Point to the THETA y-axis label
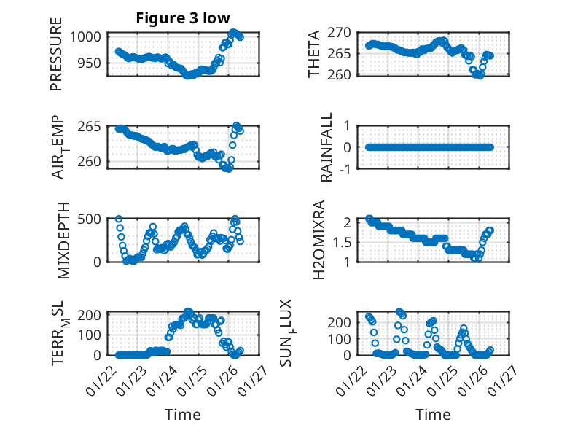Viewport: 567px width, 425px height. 314,55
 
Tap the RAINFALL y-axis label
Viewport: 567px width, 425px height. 326,147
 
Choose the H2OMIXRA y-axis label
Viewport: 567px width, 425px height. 318,240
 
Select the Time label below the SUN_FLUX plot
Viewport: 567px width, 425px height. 433,414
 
